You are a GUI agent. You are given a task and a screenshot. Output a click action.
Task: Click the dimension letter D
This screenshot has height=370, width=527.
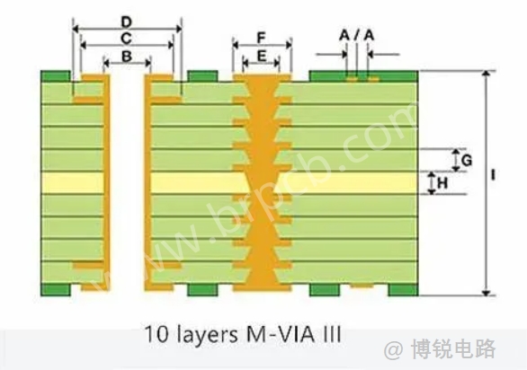127,22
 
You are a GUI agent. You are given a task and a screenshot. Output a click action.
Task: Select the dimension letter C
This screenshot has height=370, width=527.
127,39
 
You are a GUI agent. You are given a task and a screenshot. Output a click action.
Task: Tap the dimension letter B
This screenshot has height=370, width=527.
127,57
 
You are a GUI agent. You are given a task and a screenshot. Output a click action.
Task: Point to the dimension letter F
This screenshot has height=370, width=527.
262,38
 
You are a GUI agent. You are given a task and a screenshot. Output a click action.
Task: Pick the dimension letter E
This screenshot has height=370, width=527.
262,56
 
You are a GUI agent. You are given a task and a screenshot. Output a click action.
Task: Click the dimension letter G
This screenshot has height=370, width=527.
467,161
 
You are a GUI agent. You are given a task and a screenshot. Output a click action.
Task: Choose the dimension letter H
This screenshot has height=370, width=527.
442,183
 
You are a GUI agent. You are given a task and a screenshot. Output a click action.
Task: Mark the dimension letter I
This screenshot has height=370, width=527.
493,175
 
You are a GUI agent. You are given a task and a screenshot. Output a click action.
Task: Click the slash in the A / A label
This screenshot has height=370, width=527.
357,35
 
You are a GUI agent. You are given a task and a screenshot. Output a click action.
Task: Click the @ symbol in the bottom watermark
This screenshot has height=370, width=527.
394,350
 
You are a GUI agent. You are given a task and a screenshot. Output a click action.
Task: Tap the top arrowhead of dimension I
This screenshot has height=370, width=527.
486,75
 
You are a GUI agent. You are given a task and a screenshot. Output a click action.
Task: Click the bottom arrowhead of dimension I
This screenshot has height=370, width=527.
486,293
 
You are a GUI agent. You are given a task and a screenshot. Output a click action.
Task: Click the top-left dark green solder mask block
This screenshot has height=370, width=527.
56,76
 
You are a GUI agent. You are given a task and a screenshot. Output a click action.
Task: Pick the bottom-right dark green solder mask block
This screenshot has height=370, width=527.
403,290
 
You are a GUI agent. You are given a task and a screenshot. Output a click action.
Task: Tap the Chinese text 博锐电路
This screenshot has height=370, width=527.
453,350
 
